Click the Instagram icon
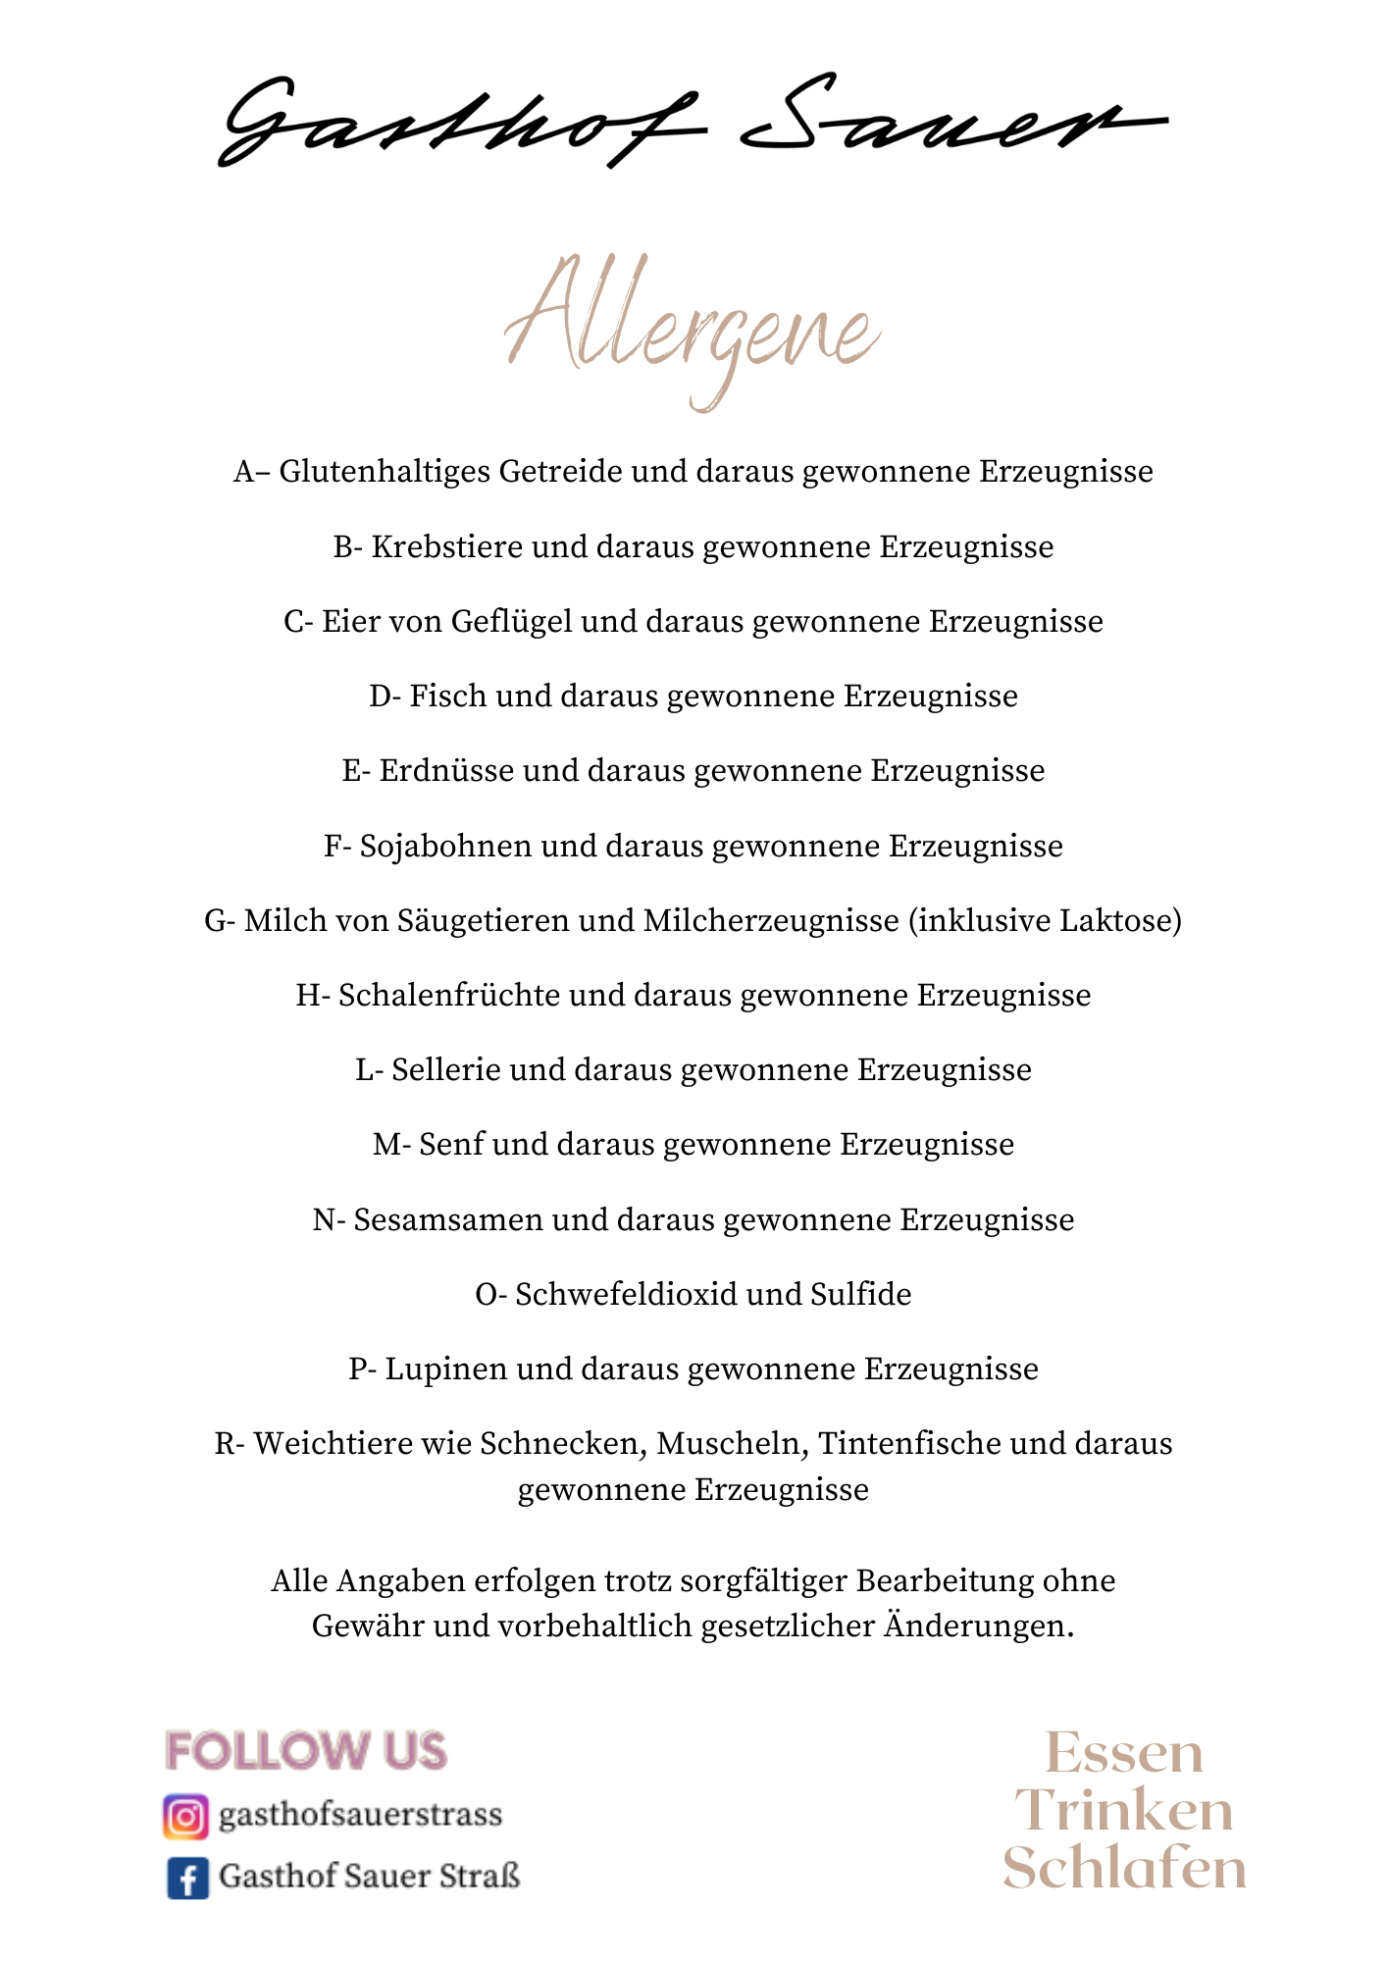pos(185,1816)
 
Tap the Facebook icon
pos(186,1879)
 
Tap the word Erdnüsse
pos(446,771)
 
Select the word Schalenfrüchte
pos(449,996)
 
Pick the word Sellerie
pos(446,1070)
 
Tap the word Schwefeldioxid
pos(626,1295)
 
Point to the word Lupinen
pos(446,1369)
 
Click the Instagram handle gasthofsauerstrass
pos(360,1816)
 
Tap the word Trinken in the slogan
pos(1124,1811)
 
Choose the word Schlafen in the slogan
pos(1124,1869)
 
